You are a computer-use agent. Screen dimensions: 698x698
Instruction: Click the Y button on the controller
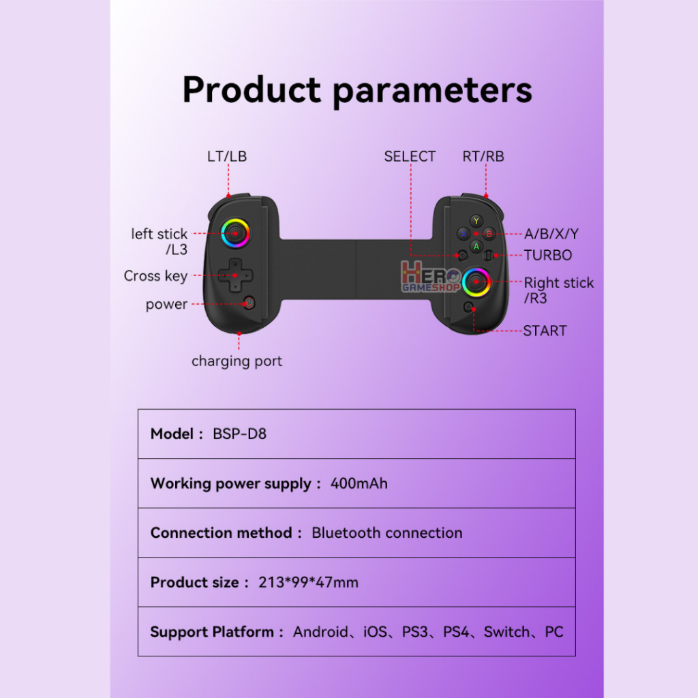click(x=476, y=221)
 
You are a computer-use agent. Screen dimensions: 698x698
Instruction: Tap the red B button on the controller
click(x=489, y=234)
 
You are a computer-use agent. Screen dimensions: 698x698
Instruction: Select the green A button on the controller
click(x=476, y=246)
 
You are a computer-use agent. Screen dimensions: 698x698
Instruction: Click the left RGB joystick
click(x=235, y=233)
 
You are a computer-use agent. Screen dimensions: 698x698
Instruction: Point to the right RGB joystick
click(x=476, y=282)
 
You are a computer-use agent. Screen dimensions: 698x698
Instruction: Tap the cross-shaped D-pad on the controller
click(x=235, y=275)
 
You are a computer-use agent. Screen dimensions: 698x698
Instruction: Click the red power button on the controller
click(x=249, y=303)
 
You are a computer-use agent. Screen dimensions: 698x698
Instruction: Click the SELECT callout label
click(x=410, y=156)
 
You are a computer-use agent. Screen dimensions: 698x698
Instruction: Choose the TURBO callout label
click(x=547, y=255)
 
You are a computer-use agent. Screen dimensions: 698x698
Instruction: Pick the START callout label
click(x=545, y=331)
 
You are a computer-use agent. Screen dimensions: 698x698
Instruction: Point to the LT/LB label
click(x=226, y=156)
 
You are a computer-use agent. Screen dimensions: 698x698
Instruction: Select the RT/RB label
click(x=483, y=156)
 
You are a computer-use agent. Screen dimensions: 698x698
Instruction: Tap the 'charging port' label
click(x=237, y=361)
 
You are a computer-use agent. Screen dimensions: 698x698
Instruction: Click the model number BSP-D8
click(x=239, y=434)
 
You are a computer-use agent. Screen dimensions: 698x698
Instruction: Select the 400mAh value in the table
click(x=359, y=483)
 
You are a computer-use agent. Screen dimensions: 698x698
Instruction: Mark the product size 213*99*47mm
click(x=309, y=582)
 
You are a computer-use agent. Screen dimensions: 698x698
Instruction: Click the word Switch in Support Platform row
click(x=506, y=632)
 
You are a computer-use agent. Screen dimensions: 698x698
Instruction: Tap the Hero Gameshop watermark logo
click(x=431, y=277)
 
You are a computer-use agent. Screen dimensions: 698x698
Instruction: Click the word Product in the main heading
click(x=252, y=89)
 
